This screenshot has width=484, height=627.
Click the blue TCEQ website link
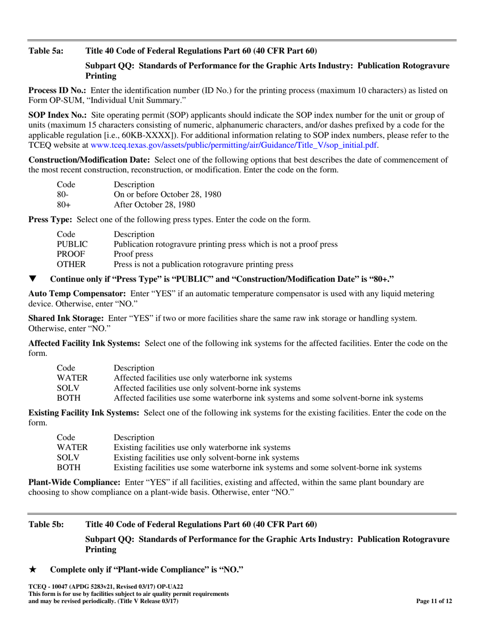pyautogui.click(x=233, y=145)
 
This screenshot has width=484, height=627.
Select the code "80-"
pyautogui.click(x=63, y=194)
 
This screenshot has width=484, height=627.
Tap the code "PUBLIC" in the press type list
pyautogui.click(x=72, y=244)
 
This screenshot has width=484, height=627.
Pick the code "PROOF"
pyautogui.click(x=71, y=254)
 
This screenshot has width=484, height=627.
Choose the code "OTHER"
pyautogui.click(x=71, y=264)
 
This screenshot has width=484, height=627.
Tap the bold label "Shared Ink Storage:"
pyautogui.click(x=66, y=318)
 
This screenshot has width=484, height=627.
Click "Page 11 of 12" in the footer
pyautogui.click(x=434, y=601)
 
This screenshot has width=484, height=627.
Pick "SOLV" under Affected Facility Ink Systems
pyautogui.click(x=68, y=387)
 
